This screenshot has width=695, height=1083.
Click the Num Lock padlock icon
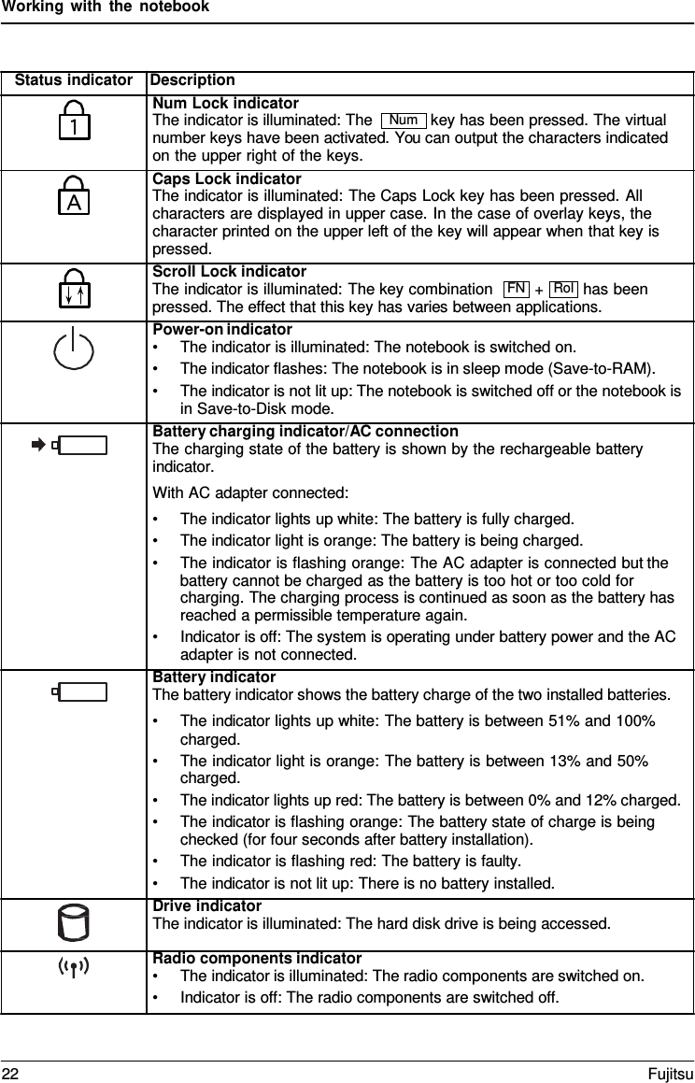coord(75,122)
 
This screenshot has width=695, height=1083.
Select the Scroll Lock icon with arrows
coord(75,290)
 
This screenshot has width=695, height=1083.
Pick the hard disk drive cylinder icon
coord(74,921)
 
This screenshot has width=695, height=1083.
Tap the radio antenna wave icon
coord(74,966)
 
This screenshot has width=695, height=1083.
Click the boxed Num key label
coord(404,121)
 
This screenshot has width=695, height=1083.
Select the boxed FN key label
coord(516,289)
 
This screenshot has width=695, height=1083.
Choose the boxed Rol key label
coord(563,289)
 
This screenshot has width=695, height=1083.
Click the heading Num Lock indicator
coord(225,103)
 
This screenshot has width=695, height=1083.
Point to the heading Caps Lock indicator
coord(226,178)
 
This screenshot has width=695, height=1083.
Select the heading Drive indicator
coord(206,906)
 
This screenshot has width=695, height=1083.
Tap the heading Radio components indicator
coord(257,958)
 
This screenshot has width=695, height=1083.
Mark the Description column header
coord(192,80)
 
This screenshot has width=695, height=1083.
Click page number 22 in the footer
coord(9,1071)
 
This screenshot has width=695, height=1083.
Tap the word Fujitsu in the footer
coord(672,1071)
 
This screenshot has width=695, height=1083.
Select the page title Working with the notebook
coord(105,7)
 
